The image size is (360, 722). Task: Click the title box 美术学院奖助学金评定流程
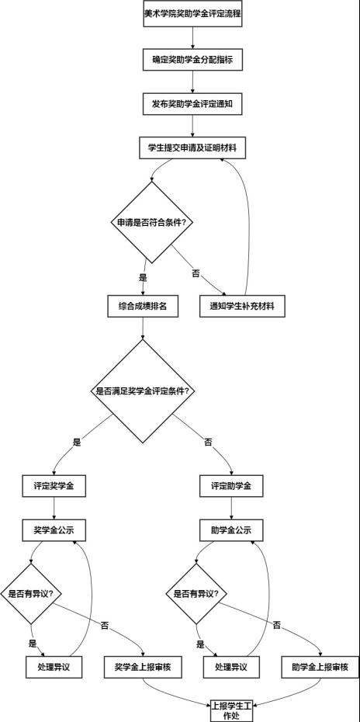click(192, 13)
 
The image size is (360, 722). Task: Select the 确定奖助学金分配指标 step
click(192, 60)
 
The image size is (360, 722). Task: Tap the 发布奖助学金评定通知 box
click(192, 104)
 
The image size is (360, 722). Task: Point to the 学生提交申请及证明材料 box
click(192, 148)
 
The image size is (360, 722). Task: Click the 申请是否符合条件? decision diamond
click(151, 222)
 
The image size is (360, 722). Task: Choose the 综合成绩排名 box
click(143, 306)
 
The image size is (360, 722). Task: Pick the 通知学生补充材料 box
click(242, 306)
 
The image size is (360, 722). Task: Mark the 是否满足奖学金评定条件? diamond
click(144, 391)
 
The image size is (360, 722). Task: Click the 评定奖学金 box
click(54, 486)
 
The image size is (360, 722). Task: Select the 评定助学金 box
click(231, 486)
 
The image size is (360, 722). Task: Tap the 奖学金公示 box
click(54, 530)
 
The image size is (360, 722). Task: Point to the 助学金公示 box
click(231, 530)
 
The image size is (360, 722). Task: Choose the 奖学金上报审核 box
click(143, 667)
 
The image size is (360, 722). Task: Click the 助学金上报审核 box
click(320, 667)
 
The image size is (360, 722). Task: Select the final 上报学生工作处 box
click(231, 710)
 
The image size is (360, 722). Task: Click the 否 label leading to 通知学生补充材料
click(196, 273)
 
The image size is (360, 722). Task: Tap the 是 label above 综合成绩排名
click(143, 277)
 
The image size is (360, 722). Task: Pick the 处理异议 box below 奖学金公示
click(54, 667)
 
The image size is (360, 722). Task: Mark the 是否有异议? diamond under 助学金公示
click(196, 594)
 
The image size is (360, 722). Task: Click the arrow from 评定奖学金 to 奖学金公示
click(54, 508)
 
